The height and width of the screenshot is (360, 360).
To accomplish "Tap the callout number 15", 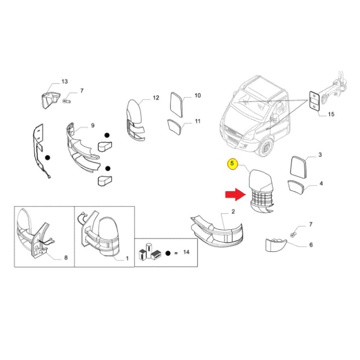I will click(x=331, y=114).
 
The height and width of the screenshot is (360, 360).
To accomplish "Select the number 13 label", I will click(x=64, y=82).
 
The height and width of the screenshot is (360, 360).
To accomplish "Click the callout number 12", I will click(x=156, y=98).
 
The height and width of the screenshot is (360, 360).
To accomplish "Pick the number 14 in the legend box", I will click(x=186, y=252).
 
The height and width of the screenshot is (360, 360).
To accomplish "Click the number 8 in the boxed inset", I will click(x=66, y=258).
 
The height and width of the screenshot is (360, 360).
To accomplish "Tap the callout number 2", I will click(x=233, y=212).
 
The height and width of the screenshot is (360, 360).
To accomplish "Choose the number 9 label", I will click(x=93, y=125).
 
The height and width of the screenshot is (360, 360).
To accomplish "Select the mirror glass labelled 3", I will click(x=298, y=167).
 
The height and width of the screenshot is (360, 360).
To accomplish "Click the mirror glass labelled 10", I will click(x=177, y=104).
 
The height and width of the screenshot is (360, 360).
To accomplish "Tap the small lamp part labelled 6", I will click(x=275, y=245).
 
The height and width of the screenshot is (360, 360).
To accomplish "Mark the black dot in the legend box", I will click(x=168, y=253).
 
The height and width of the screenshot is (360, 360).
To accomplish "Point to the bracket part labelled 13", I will click(x=49, y=100).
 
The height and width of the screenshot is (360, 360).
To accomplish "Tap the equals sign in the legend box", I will click(x=176, y=253).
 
